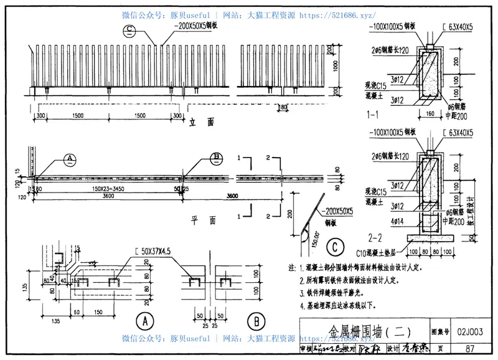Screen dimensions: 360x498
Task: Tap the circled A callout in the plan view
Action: [x=70, y=159]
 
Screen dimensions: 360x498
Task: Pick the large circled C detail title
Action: [x=334, y=248]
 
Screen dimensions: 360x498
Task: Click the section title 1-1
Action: [x=374, y=114]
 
